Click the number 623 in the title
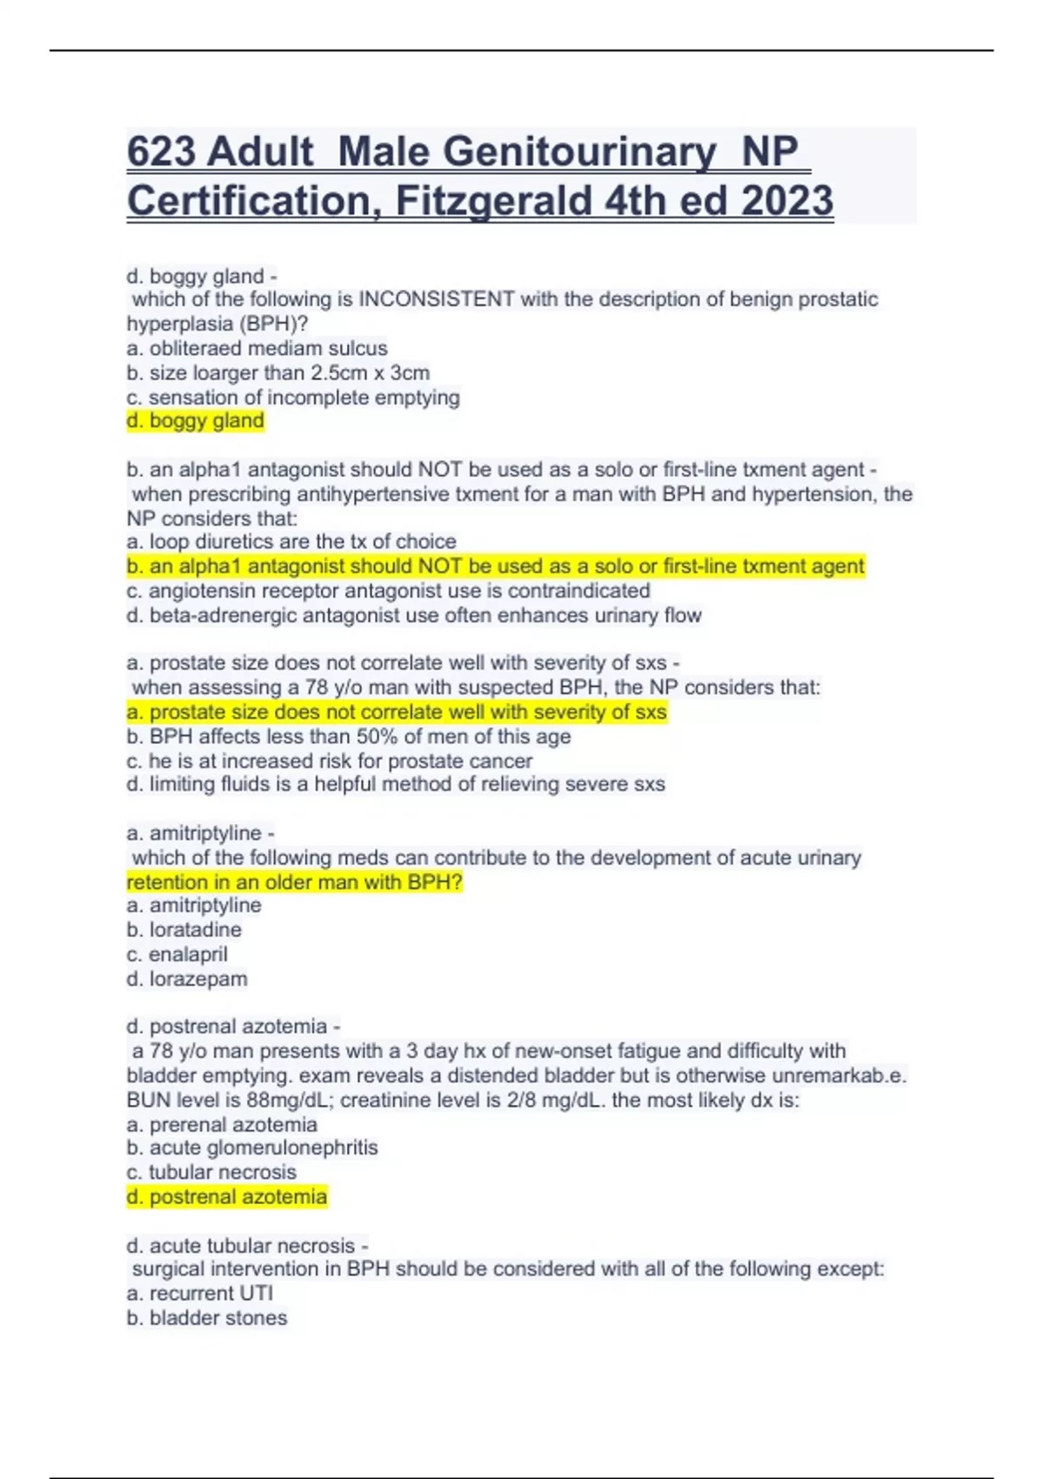click(161, 152)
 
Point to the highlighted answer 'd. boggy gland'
click(195, 421)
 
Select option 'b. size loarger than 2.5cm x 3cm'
click(278, 372)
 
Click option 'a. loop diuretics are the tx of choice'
click(291, 541)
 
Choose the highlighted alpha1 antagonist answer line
click(496, 566)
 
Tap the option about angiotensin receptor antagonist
click(388, 591)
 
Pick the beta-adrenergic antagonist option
click(414, 615)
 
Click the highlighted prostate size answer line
click(397, 712)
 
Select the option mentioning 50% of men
click(349, 736)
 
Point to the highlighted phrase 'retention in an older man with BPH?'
click(295, 882)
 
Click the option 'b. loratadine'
click(184, 929)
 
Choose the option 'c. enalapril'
click(177, 954)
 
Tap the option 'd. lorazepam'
click(187, 979)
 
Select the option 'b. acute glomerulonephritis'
click(252, 1148)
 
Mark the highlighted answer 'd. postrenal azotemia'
click(227, 1197)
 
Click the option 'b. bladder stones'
click(207, 1318)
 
